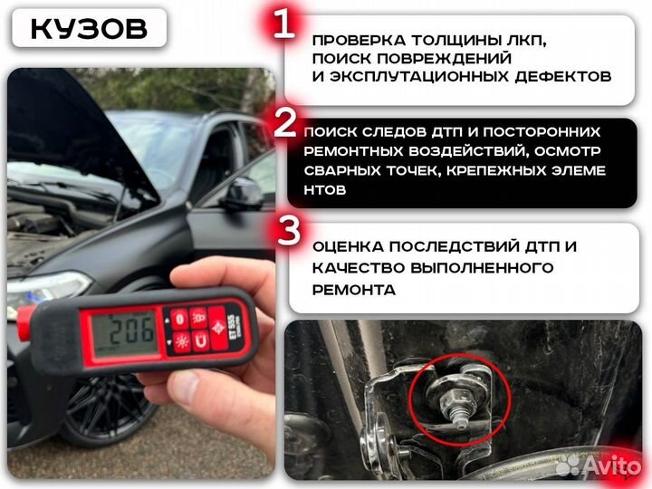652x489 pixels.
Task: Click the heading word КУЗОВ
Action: coord(88,28)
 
